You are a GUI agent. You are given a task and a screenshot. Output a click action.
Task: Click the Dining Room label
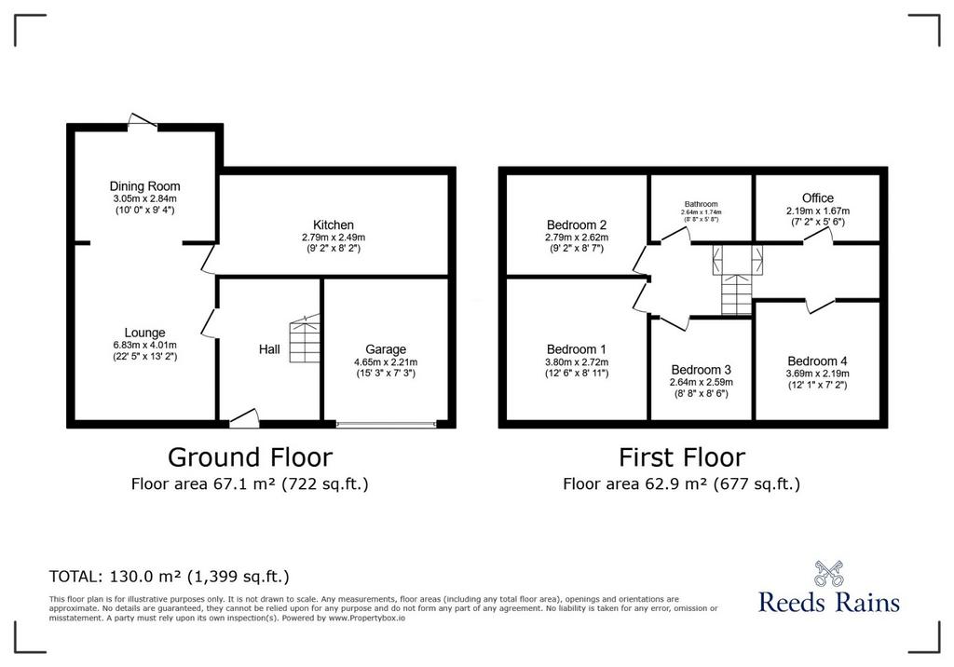click(x=144, y=186)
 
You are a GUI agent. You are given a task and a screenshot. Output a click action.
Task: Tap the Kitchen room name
click(x=334, y=225)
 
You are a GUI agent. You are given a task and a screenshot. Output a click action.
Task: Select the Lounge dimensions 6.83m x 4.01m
click(x=144, y=345)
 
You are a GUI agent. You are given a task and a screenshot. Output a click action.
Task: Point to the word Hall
click(x=269, y=349)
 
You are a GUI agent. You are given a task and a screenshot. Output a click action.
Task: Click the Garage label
click(x=386, y=349)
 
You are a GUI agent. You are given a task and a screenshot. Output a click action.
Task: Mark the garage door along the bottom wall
click(x=386, y=424)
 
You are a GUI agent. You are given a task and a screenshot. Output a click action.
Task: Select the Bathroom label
click(x=701, y=204)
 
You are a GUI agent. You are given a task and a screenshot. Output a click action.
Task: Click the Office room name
click(x=818, y=198)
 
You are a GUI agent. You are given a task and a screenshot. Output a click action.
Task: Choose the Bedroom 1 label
click(x=576, y=349)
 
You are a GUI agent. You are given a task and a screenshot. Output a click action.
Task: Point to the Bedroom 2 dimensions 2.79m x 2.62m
click(x=576, y=238)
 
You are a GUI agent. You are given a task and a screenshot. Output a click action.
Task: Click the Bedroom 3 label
click(x=701, y=370)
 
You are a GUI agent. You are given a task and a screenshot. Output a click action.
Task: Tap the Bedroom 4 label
click(x=817, y=361)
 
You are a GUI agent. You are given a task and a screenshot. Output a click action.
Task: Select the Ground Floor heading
click(x=250, y=457)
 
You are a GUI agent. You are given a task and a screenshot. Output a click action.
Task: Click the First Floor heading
click(x=681, y=457)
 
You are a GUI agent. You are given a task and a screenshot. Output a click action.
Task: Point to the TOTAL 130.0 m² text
click(x=170, y=577)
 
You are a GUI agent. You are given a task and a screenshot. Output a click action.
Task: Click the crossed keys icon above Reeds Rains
click(x=828, y=573)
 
